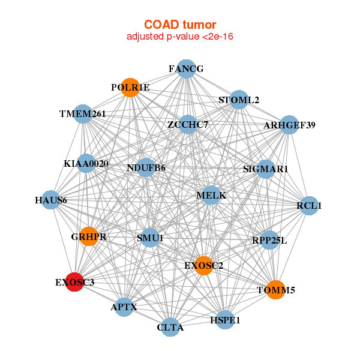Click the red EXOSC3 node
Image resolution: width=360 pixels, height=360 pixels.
(x=74, y=282)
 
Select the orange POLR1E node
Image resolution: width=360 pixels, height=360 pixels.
(x=130, y=88)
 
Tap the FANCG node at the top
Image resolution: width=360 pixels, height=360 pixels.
(x=187, y=69)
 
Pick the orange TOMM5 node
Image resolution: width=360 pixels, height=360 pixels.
(x=276, y=290)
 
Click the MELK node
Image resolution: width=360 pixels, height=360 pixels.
(x=211, y=195)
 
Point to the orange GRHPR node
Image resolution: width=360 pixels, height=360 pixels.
(x=89, y=236)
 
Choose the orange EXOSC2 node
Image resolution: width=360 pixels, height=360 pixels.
(x=204, y=266)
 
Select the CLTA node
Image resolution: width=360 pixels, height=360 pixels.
(x=170, y=327)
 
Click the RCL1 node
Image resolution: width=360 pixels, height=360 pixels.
(x=309, y=205)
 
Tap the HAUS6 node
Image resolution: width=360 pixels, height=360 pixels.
(x=51, y=200)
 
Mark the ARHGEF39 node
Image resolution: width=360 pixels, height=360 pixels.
(x=289, y=125)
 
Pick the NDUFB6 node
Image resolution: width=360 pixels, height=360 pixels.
(x=146, y=167)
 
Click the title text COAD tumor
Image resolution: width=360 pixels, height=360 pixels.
(x=180, y=25)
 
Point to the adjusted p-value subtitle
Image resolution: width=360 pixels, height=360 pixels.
(x=180, y=37)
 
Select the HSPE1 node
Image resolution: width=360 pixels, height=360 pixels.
(x=225, y=320)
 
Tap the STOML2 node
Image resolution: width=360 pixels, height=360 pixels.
(x=239, y=100)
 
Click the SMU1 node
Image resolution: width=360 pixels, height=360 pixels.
(x=150, y=238)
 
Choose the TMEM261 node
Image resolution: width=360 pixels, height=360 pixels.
(x=83, y=114)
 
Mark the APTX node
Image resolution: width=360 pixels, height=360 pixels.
(x=124, y=307)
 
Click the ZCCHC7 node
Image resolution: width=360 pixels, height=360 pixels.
(x=188, y=124)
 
